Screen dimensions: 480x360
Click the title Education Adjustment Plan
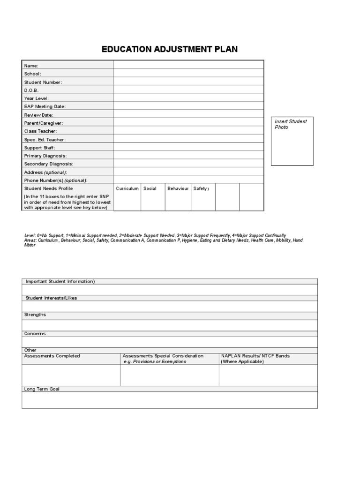170,49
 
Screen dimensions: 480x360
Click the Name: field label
31,66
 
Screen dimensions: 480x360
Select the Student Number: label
43,82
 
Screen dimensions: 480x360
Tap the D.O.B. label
32,90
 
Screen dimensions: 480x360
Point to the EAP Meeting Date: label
45,106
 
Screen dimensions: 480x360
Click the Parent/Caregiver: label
44,123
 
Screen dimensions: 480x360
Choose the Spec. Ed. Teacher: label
45,139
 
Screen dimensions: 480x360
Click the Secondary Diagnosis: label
49,164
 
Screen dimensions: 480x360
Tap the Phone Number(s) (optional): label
56,180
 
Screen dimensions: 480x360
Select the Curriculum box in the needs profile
127,196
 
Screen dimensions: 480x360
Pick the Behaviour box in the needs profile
178,196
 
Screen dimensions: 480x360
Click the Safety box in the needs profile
203,196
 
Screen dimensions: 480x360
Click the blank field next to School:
188,74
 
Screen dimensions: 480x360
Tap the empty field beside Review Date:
188,115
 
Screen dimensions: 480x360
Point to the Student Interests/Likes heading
51,298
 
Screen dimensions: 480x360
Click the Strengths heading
35,315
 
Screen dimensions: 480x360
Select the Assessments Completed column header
52,356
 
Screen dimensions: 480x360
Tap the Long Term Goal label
42,389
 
